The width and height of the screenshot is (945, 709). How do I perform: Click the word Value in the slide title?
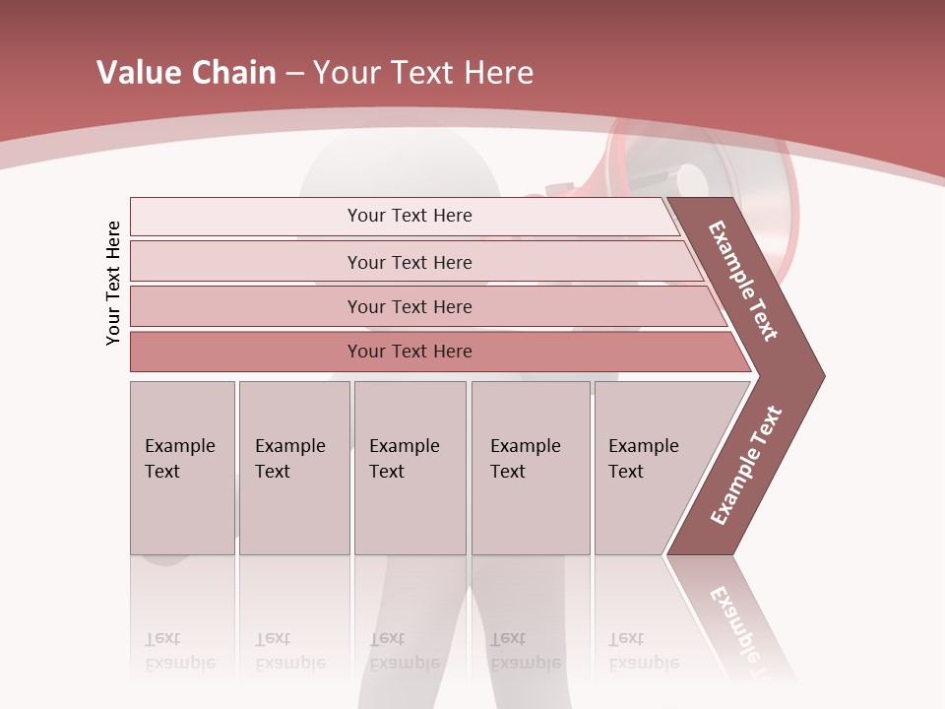pos(139,73)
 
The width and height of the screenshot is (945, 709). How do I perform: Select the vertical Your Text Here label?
pos(114,283)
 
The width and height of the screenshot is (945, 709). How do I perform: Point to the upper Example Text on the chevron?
pos(743,281)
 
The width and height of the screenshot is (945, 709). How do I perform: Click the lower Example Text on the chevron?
pos(746,466)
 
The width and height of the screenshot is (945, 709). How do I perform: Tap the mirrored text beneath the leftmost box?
pos(179,651)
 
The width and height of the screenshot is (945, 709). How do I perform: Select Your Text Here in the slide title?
pos(423,73)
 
